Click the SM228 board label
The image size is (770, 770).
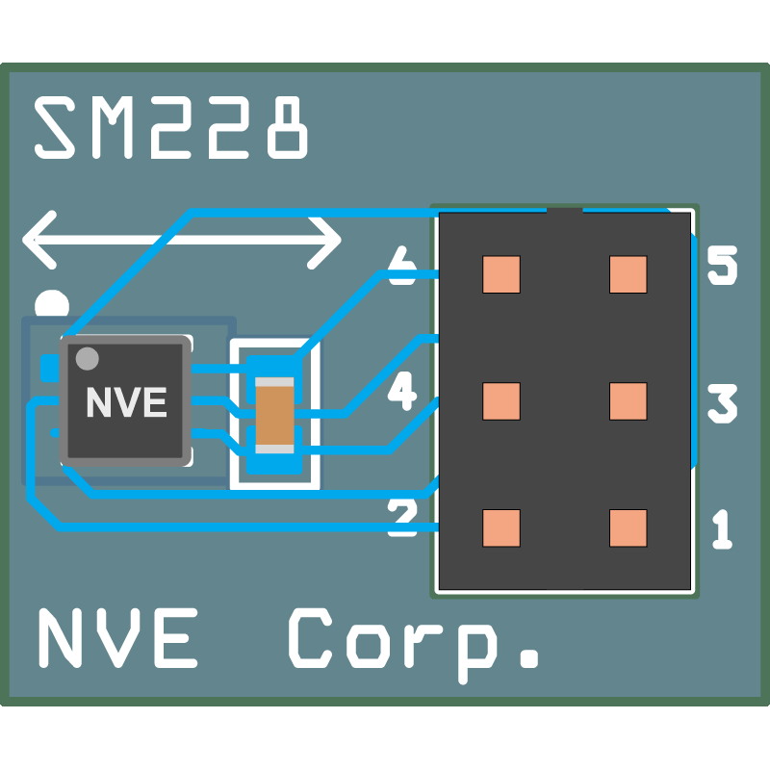171,127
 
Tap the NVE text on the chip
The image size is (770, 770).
127,402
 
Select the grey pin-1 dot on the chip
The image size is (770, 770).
88,358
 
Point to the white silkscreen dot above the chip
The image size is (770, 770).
52,303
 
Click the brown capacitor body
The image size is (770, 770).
274,416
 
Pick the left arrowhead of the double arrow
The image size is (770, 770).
39,240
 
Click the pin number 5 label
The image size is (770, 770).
723,266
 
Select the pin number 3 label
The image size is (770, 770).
723,403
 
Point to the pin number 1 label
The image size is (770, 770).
723,528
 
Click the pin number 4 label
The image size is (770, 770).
402,391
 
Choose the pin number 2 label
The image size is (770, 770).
402,517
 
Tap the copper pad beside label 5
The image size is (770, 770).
629,274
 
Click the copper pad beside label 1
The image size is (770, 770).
629,527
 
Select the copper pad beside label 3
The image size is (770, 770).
629,401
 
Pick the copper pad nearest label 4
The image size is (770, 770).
501,401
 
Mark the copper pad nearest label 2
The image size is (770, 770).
501,527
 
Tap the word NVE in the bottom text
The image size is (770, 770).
117,638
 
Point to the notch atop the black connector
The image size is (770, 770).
565,211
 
